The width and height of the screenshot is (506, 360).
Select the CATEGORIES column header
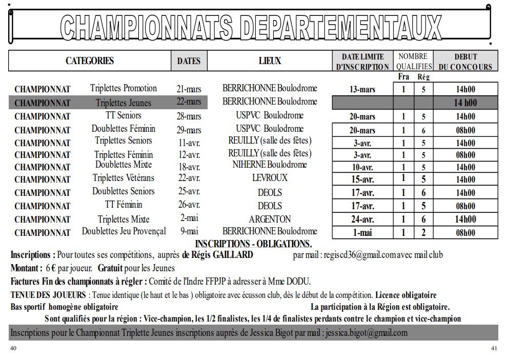click(x=90, y=61)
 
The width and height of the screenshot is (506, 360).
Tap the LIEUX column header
click(x=270, y=61)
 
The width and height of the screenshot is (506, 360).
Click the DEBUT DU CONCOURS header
click(x=465, y=62)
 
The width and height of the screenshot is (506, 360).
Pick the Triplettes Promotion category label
click(x=124, y=88)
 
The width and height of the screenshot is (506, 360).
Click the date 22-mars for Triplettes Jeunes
click(x=189, y=102)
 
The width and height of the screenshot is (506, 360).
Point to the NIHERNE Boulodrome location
click(x=270, y=165)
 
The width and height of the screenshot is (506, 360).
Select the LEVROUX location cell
click(x=270, y=178)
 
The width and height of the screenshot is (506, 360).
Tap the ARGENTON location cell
click(x=270, y=219)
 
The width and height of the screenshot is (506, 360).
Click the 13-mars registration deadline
click(x=362, y=89)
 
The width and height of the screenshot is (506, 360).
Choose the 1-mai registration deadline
click(x=362, y=233)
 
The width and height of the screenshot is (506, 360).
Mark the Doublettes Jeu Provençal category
click(x=124, y=231)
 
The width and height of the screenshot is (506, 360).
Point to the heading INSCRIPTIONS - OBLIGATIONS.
click(x=253, y=244)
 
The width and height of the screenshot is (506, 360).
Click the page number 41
click(x=494, y=348)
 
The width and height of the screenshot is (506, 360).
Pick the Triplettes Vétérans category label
click(x=124, y=178)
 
